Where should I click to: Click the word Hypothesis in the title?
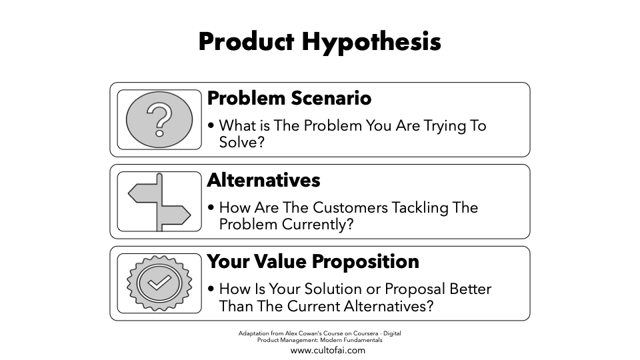tap(371, 42)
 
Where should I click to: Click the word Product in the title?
tap(246, 41)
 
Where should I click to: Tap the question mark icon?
tap(159, 119)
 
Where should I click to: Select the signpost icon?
tap(159, 202)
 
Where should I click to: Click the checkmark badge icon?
tap(159, 283)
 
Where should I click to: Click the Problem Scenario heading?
tap(289, 98)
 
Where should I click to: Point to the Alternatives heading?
tap(264, 180)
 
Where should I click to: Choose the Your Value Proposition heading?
tap(313, 261)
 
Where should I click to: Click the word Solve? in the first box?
tap(242, 142)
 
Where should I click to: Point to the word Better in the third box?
tap(470, 289)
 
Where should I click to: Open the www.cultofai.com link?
tap(328, 350)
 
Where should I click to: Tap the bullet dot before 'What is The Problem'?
tap(211, 126)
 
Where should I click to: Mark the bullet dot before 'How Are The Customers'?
tap(211, 207)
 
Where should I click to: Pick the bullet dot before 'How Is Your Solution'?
tap(211, 289)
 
